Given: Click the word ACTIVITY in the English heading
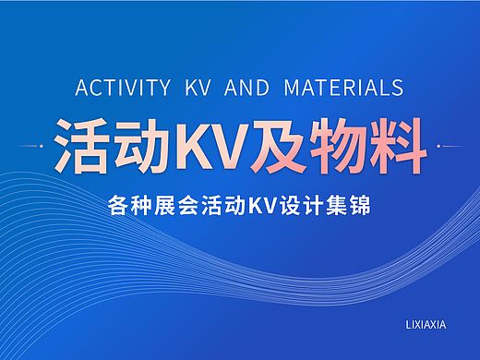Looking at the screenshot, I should (123, 89).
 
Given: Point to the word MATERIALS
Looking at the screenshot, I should (343, 89).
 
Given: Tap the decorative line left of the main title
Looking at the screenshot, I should (33, 146).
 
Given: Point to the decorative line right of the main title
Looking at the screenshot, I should (450, 146).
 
